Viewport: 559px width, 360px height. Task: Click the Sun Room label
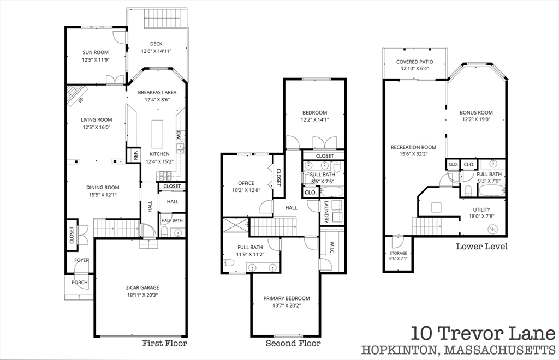[x=96, y=52]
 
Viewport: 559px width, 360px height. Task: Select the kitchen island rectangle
[x=157, y=134]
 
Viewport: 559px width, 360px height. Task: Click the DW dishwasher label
[x=179, y=135]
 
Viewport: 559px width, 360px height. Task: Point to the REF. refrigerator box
[x=134, y=155]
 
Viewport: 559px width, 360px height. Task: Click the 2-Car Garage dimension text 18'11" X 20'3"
[x=142, y=295]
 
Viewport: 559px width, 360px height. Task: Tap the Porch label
[x=79, y=283]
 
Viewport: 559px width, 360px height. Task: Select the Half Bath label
[x=172, y=220]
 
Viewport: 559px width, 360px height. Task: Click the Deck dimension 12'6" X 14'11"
[x=156, y=51]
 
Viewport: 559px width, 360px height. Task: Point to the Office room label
[x=246, y=183]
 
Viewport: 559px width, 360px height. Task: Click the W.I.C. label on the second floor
[x=331, y=248]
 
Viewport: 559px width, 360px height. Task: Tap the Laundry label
[x=326, y=212]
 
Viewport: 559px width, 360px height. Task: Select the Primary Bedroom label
[x=287, y=298]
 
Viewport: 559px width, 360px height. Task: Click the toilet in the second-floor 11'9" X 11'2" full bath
[x=229, y=263]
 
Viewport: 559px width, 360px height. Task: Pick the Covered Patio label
[x=415, y=62]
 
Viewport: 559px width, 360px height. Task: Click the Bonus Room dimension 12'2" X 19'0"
[x=476, y=119]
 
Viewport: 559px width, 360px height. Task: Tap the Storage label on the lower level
[x=398, y=253]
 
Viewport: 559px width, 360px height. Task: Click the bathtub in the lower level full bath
[x=492, y=190]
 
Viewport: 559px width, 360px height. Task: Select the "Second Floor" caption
[x=293, y=343]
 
